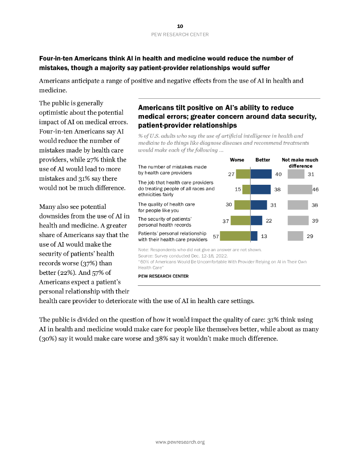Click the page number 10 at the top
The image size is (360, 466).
(x=180, y=26)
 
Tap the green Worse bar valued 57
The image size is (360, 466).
(x=235, y=236)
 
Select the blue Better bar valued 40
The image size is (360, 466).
(x=261, y=174)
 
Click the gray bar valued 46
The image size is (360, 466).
(x=299, y=189)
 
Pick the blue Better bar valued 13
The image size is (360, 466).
(x=254, y=236)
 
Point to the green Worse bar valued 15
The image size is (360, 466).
(x=246, y=189)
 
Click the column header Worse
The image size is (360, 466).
(x=237, y=160)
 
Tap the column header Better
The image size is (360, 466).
(x=263, y=160)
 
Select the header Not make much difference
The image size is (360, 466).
(x=300, y=163)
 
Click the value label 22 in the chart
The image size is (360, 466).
(x=269, y=221)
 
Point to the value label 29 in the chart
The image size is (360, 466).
(x=309, y=236)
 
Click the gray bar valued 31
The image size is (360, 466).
(x=296, y=174)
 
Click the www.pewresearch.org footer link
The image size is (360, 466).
(x=180, y=442)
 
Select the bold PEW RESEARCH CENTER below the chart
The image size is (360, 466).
(x=163, y=276)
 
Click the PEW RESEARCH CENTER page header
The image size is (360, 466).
(x=180, y=35)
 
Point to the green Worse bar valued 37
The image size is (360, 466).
(x=240, y=220)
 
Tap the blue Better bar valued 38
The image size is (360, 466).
(x=260, y=189)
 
